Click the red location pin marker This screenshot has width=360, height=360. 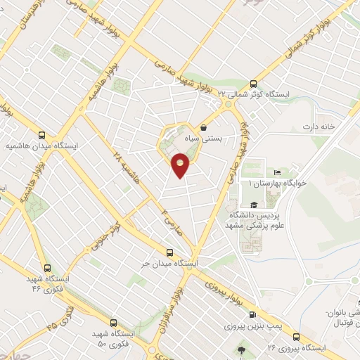tap(181, 166)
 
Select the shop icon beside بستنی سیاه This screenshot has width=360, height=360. tap(204, 128)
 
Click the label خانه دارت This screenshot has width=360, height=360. tap(316, 127)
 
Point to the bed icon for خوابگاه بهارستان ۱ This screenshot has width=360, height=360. tap(278, 172)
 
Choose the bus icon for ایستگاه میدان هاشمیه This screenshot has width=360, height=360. tap(41, 135)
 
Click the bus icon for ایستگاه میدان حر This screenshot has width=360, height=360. tap(169, 252)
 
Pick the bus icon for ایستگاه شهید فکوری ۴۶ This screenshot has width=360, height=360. tap(47, 268)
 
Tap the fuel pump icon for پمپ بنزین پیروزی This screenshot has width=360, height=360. tap(252, 314)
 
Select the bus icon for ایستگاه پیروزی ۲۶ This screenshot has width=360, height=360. tap(297, 336)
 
